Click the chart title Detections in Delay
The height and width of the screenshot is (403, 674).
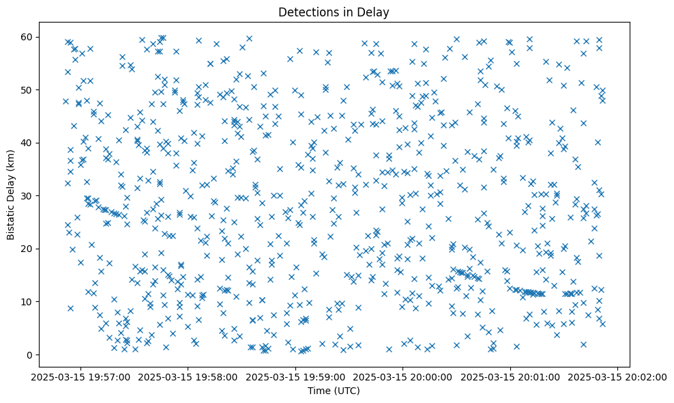pyautogui.click(x=334, y=12)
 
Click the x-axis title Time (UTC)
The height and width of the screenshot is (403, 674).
pyautogui.click(x=334, y=391)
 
